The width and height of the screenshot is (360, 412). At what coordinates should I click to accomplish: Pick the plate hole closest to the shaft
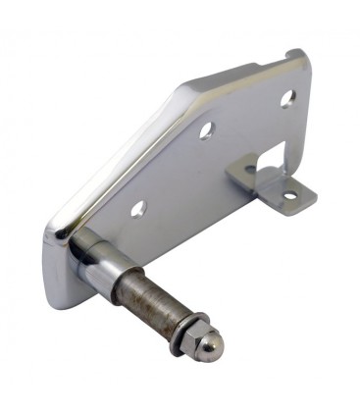tap(138, 208)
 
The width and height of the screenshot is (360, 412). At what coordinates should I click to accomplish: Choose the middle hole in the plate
tap(207, 130)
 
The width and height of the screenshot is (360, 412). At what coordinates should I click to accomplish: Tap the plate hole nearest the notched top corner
tap(287, 98)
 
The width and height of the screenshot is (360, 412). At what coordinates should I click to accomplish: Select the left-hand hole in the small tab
tap(250, 170)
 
